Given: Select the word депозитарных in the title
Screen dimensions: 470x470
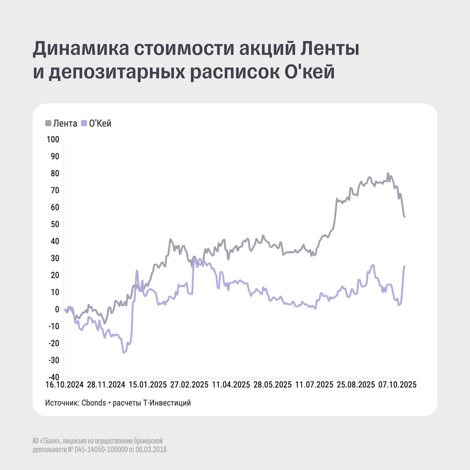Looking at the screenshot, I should click(117, 72).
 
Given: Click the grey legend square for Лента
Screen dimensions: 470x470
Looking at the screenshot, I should click(48, 123).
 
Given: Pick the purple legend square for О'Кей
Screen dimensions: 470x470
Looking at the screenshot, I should click(84, 123).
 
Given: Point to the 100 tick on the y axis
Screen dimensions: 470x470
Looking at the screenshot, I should click(53, 140).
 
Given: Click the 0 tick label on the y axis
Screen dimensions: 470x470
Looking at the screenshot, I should click(57, 310).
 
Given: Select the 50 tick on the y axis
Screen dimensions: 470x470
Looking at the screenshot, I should click(55, 224).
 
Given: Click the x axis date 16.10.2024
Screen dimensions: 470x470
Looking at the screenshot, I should click(65, 385).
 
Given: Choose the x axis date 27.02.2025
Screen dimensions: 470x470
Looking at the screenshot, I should click(189, 385).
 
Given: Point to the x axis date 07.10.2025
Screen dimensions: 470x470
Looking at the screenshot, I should click(397, 385).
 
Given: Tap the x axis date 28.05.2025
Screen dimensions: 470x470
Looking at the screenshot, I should click(272, 385).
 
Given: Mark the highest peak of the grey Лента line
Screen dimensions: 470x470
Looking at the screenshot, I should click(388, 173).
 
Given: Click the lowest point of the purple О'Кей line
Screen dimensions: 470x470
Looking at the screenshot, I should click(123, 352).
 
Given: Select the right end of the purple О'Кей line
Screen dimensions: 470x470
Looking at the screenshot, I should click(405, 267).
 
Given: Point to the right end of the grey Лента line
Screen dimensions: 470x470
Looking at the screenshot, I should click(405, 217).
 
